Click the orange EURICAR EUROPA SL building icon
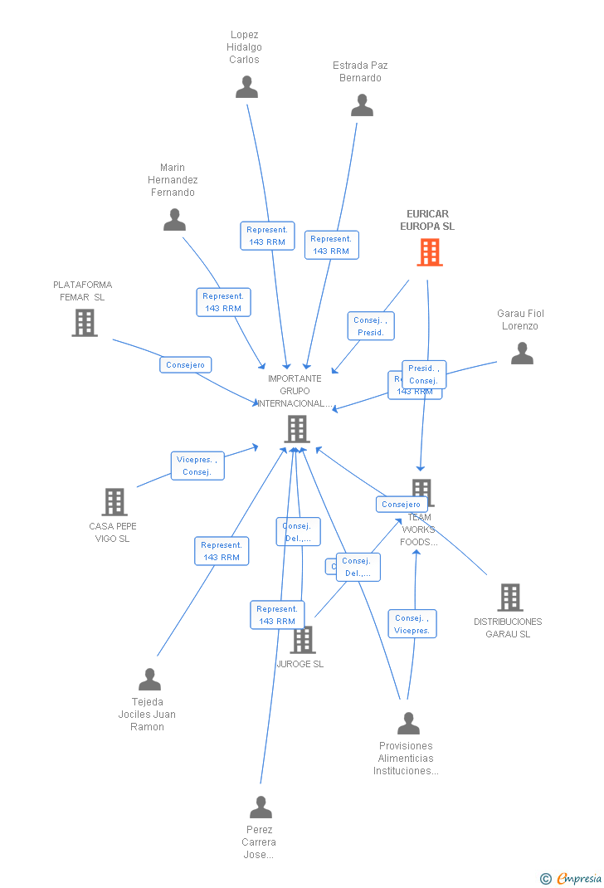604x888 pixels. pos(429,252)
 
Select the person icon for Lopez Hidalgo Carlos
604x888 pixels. pos(246,87)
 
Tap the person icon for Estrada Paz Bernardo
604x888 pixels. pos(362,105)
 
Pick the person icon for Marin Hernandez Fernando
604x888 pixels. pos(174,220)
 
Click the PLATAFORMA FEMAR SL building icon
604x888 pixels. pos(85,323)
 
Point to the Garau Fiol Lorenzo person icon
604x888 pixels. pos(522,354)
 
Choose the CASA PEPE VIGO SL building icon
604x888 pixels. pos(114,502)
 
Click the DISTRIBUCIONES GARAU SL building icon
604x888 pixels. pos(509,598)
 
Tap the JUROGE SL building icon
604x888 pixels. pos(303,639)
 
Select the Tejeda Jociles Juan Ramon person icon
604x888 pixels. pos(149,680)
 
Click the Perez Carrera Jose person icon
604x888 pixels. pos(261,807)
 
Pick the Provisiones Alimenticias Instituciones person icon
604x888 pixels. pos(408,724)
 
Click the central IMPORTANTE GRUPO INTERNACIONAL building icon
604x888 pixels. pos(296,429)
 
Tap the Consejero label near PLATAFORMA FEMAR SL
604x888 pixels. pos(186,365)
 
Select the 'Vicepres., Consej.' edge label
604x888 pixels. pos(197,466)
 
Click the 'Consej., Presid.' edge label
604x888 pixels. pos(371,326)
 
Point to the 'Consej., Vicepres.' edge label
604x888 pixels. pos(412,624)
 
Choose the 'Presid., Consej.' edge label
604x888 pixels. pos(424,374)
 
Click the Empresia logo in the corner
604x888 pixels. pos(571,878)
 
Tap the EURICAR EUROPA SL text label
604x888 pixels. pos(427,220)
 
